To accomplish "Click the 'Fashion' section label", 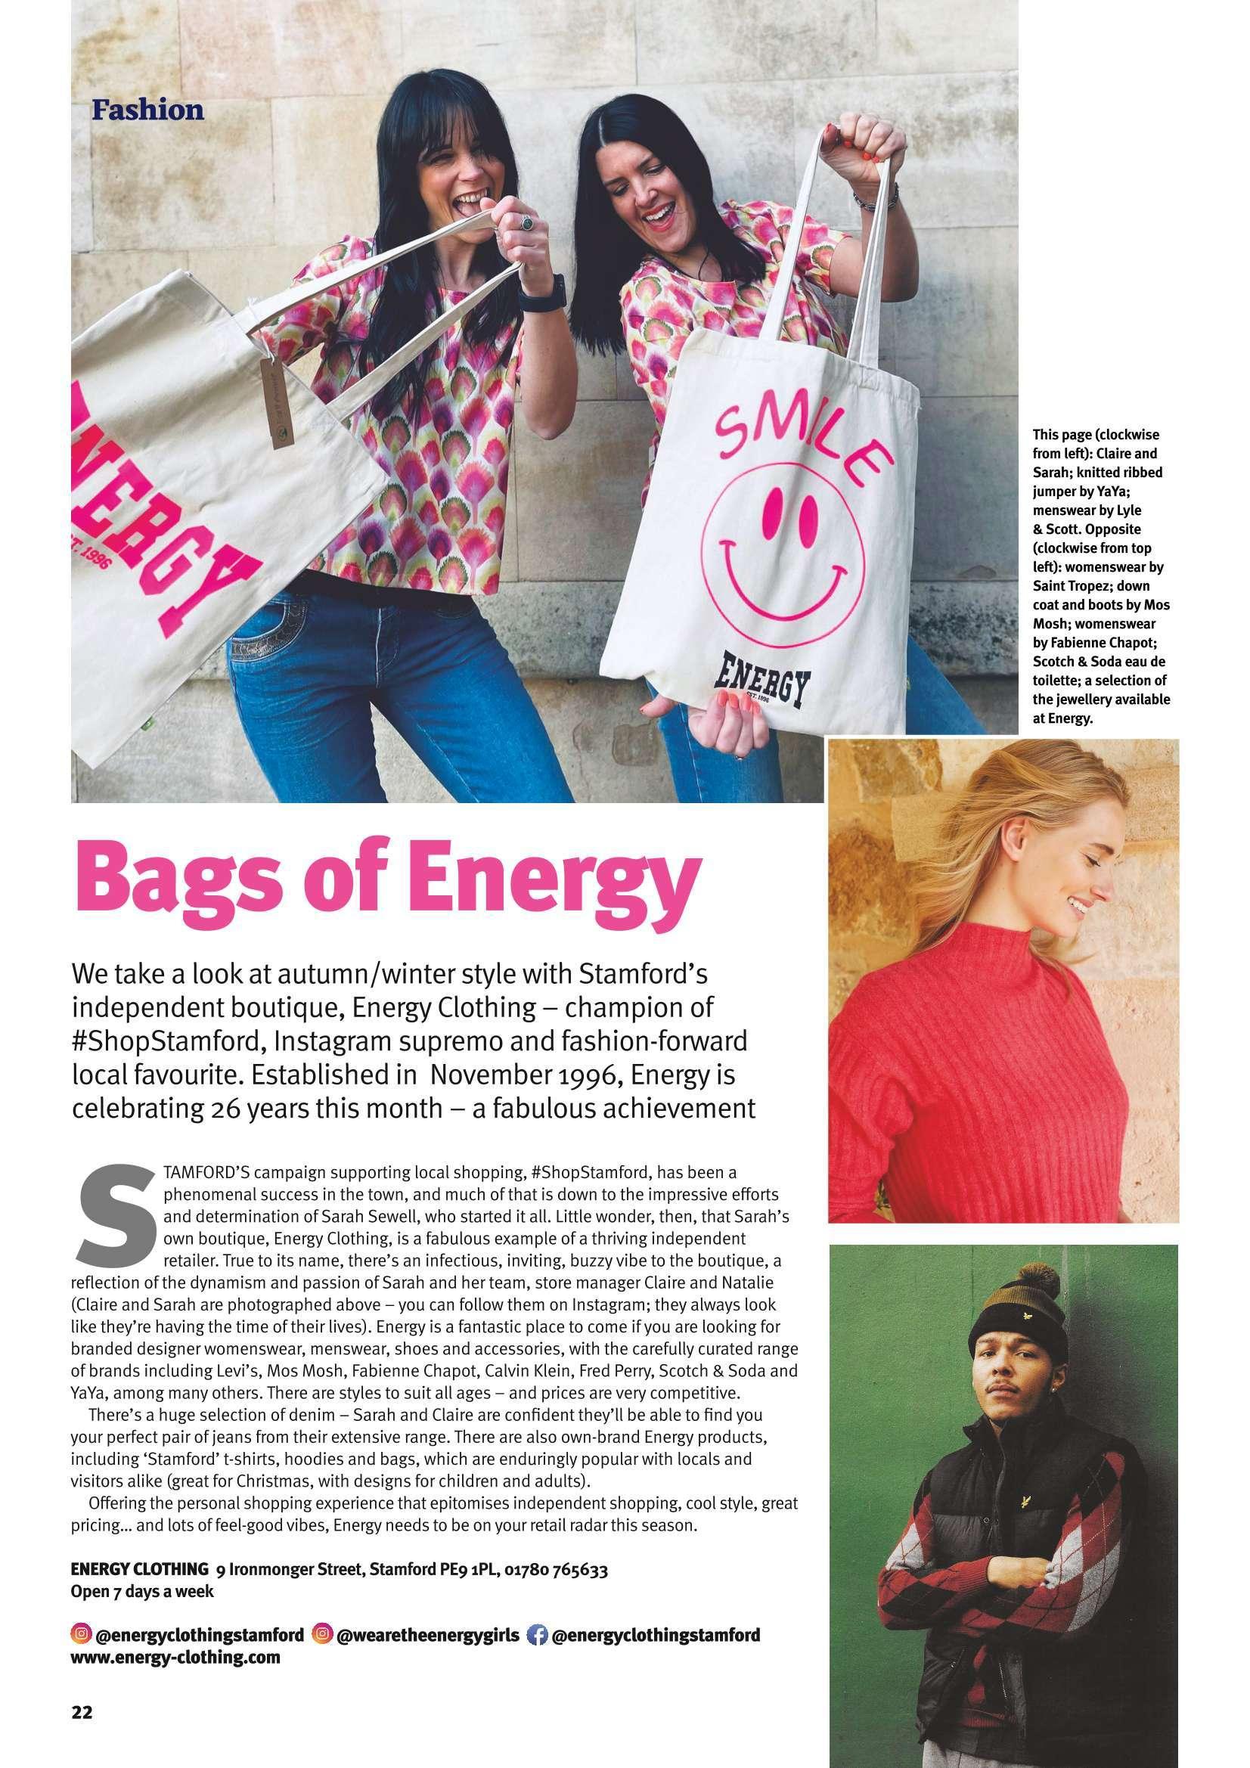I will pyautogui.click(x=148, y=110).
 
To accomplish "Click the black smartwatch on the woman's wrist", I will pyautogui.click(x=530, y=293).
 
